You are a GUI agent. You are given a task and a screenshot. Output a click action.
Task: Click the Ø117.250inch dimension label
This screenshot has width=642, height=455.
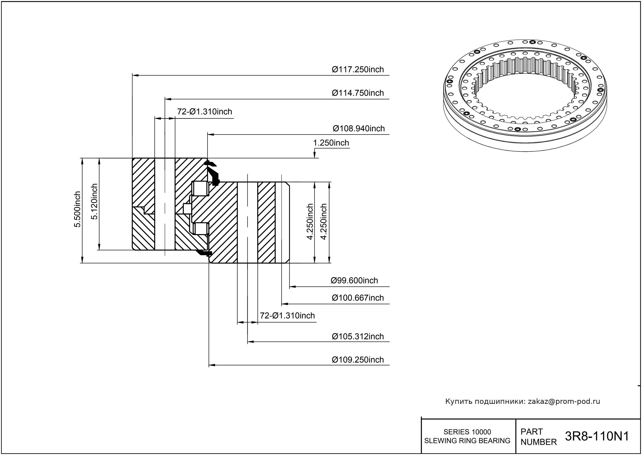pyautogui.click(x=358, y=69)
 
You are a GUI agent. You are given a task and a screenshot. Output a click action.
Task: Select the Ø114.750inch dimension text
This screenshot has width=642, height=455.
pyautogui.click(x=358, y=93)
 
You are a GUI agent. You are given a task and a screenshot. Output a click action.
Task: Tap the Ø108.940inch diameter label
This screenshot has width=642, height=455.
pyautogui.click(x=358, y=129)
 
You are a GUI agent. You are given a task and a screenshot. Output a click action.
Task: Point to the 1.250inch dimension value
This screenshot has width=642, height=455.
pyautogui.click(x=331, y=143)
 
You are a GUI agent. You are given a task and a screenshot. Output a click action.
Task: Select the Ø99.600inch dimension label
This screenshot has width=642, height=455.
pyautogui.click(x=354, y=280)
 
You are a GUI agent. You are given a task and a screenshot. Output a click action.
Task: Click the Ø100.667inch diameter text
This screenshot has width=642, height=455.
pyautogui.click(x=358, y=298)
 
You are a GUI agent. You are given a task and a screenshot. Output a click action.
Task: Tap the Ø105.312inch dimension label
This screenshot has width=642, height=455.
pyautogui.click(x=358, y=336)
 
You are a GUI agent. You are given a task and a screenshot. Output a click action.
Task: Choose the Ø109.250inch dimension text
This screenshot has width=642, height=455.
pyautogui.click(x=358, y=360)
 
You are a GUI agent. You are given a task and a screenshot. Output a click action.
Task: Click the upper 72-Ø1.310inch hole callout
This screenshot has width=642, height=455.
pyautogui.click(x=205, y=112)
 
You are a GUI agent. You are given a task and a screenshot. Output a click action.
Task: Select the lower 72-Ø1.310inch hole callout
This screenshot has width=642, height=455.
pyautogui.click(x=287, y=316)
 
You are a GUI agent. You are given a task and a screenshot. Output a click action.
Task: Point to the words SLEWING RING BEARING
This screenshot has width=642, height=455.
pyautogui.click(x=467, y=441)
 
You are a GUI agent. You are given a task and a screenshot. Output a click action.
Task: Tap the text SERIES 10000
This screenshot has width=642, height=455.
pyautogui.click(x=467, y=432)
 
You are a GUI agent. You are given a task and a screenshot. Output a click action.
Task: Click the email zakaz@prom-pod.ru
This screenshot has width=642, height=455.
pyautogui.click(x=564, y=401)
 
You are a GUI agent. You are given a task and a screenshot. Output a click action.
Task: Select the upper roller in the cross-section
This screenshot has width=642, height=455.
pyautogui.click(x=200, y=189)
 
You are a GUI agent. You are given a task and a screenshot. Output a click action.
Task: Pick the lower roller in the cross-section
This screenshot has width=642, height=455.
pyautogui.click(x=200, y=229)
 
